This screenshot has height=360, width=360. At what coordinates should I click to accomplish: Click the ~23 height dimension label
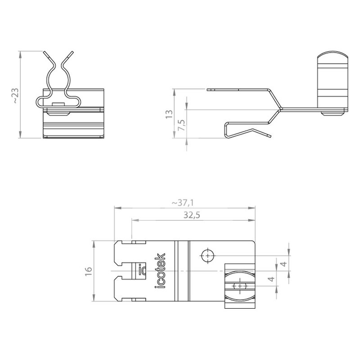pos(16,95)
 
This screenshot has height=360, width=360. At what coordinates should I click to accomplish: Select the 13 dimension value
pos(169,114)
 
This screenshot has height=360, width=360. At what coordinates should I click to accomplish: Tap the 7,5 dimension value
pos(182,125)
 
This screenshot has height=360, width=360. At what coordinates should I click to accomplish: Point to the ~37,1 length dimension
pos(183,203)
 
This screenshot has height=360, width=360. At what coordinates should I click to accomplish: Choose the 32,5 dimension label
pos(192,215)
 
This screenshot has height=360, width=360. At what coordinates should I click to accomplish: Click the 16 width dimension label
pos(88,271)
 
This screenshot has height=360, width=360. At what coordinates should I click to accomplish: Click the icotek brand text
pos(160,271)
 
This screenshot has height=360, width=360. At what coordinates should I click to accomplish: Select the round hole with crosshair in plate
pos(207,255)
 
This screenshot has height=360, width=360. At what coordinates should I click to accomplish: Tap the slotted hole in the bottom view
pos(240,286)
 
